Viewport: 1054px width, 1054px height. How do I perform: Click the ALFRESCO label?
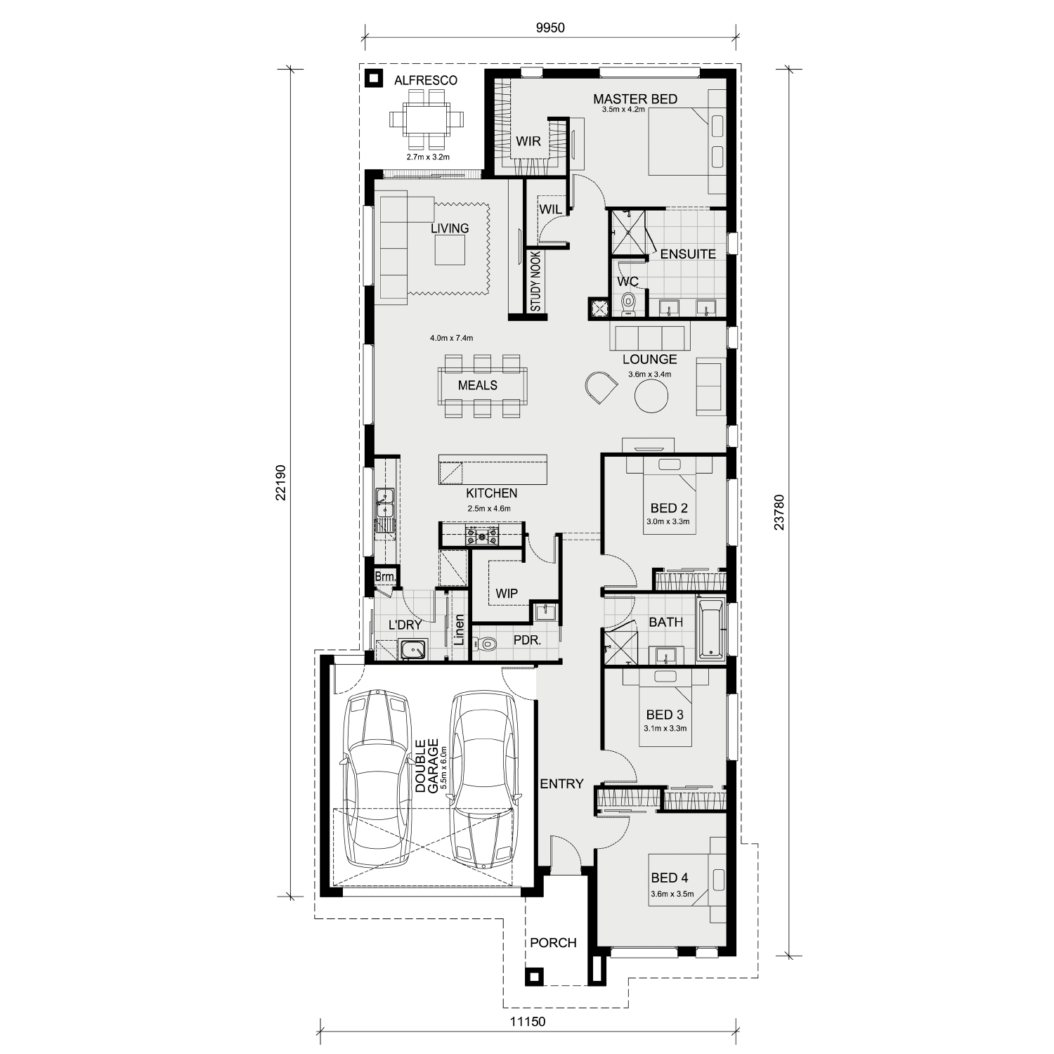coord(425,80)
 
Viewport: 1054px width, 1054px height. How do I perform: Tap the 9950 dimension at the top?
coord(550,28)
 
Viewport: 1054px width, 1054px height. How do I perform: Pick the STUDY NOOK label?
coord(535,282)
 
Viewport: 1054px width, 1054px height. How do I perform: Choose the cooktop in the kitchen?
coord(482,536)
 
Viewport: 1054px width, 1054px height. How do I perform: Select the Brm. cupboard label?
coord(384,577)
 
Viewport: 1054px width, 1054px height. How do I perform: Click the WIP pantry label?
coord(507,593)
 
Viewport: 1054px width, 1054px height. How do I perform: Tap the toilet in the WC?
coord(628,302)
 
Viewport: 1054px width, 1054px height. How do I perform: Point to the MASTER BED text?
coord(635,99)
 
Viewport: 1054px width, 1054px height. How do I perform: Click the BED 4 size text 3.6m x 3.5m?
coord(672,894)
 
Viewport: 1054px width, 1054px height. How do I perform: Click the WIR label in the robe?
coord(528,141)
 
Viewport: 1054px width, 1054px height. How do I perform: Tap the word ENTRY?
coord(561,783)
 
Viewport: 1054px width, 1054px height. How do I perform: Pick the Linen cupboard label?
coord(459,630)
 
